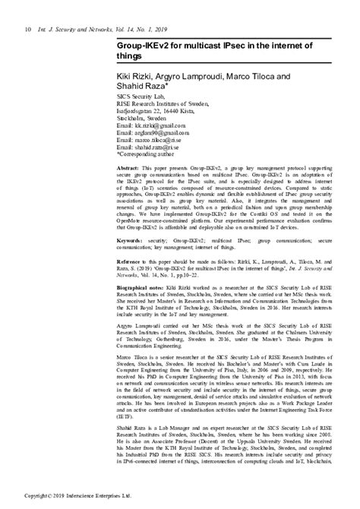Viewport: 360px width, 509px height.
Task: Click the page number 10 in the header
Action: pyautogui.click(x=28, y=8)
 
